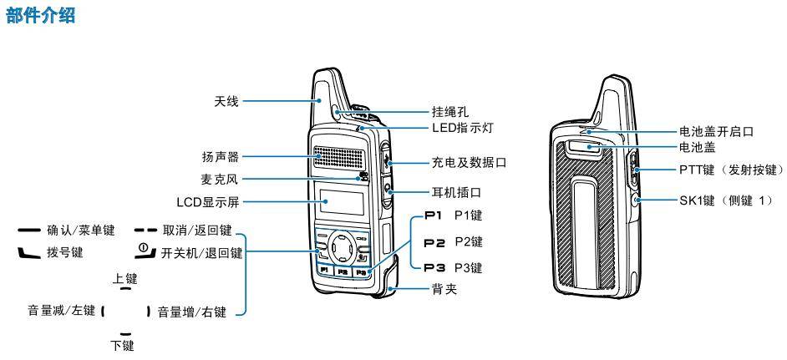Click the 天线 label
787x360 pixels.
click(226, 102)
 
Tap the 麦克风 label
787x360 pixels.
click(221, 177)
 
